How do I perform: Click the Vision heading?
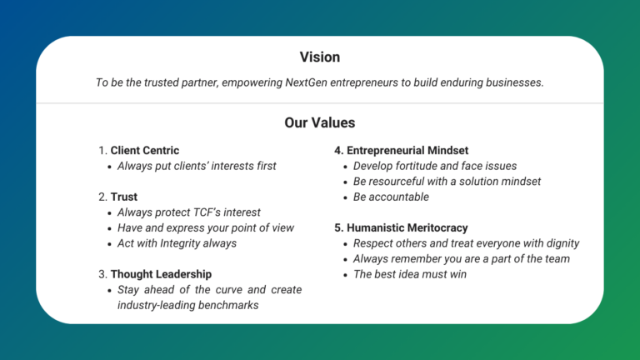[x=320, y=57]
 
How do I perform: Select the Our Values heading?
[x=320, y=122]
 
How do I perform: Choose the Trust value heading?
[x=124, y=197]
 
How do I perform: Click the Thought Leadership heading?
[x=161, y=274]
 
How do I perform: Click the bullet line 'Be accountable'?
[x=391, y=197]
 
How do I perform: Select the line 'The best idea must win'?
[x=410, y=273]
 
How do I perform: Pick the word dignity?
[x=560, y=243]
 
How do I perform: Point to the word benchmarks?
[x=228, y=305]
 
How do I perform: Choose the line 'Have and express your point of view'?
[x=205, y=227]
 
